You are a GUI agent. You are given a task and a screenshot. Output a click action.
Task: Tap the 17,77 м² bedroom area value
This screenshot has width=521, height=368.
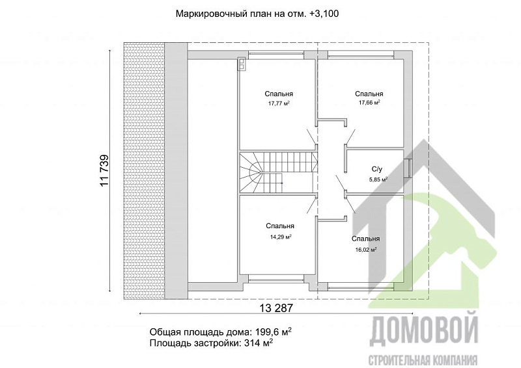click(279, 103)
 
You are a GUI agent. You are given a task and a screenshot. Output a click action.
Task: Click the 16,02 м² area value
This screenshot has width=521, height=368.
click(365, 249)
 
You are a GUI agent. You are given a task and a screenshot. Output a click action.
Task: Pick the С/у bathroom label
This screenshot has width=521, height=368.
click(376, 168)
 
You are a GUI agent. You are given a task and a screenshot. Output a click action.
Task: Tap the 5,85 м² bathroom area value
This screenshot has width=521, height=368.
click(378, 179)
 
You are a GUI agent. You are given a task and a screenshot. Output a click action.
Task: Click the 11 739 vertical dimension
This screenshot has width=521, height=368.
click(104, 172)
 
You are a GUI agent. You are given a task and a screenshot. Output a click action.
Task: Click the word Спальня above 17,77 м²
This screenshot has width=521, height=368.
click(279, 93)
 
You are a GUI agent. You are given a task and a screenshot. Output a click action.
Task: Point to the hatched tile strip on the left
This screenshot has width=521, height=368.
click(143, 169)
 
